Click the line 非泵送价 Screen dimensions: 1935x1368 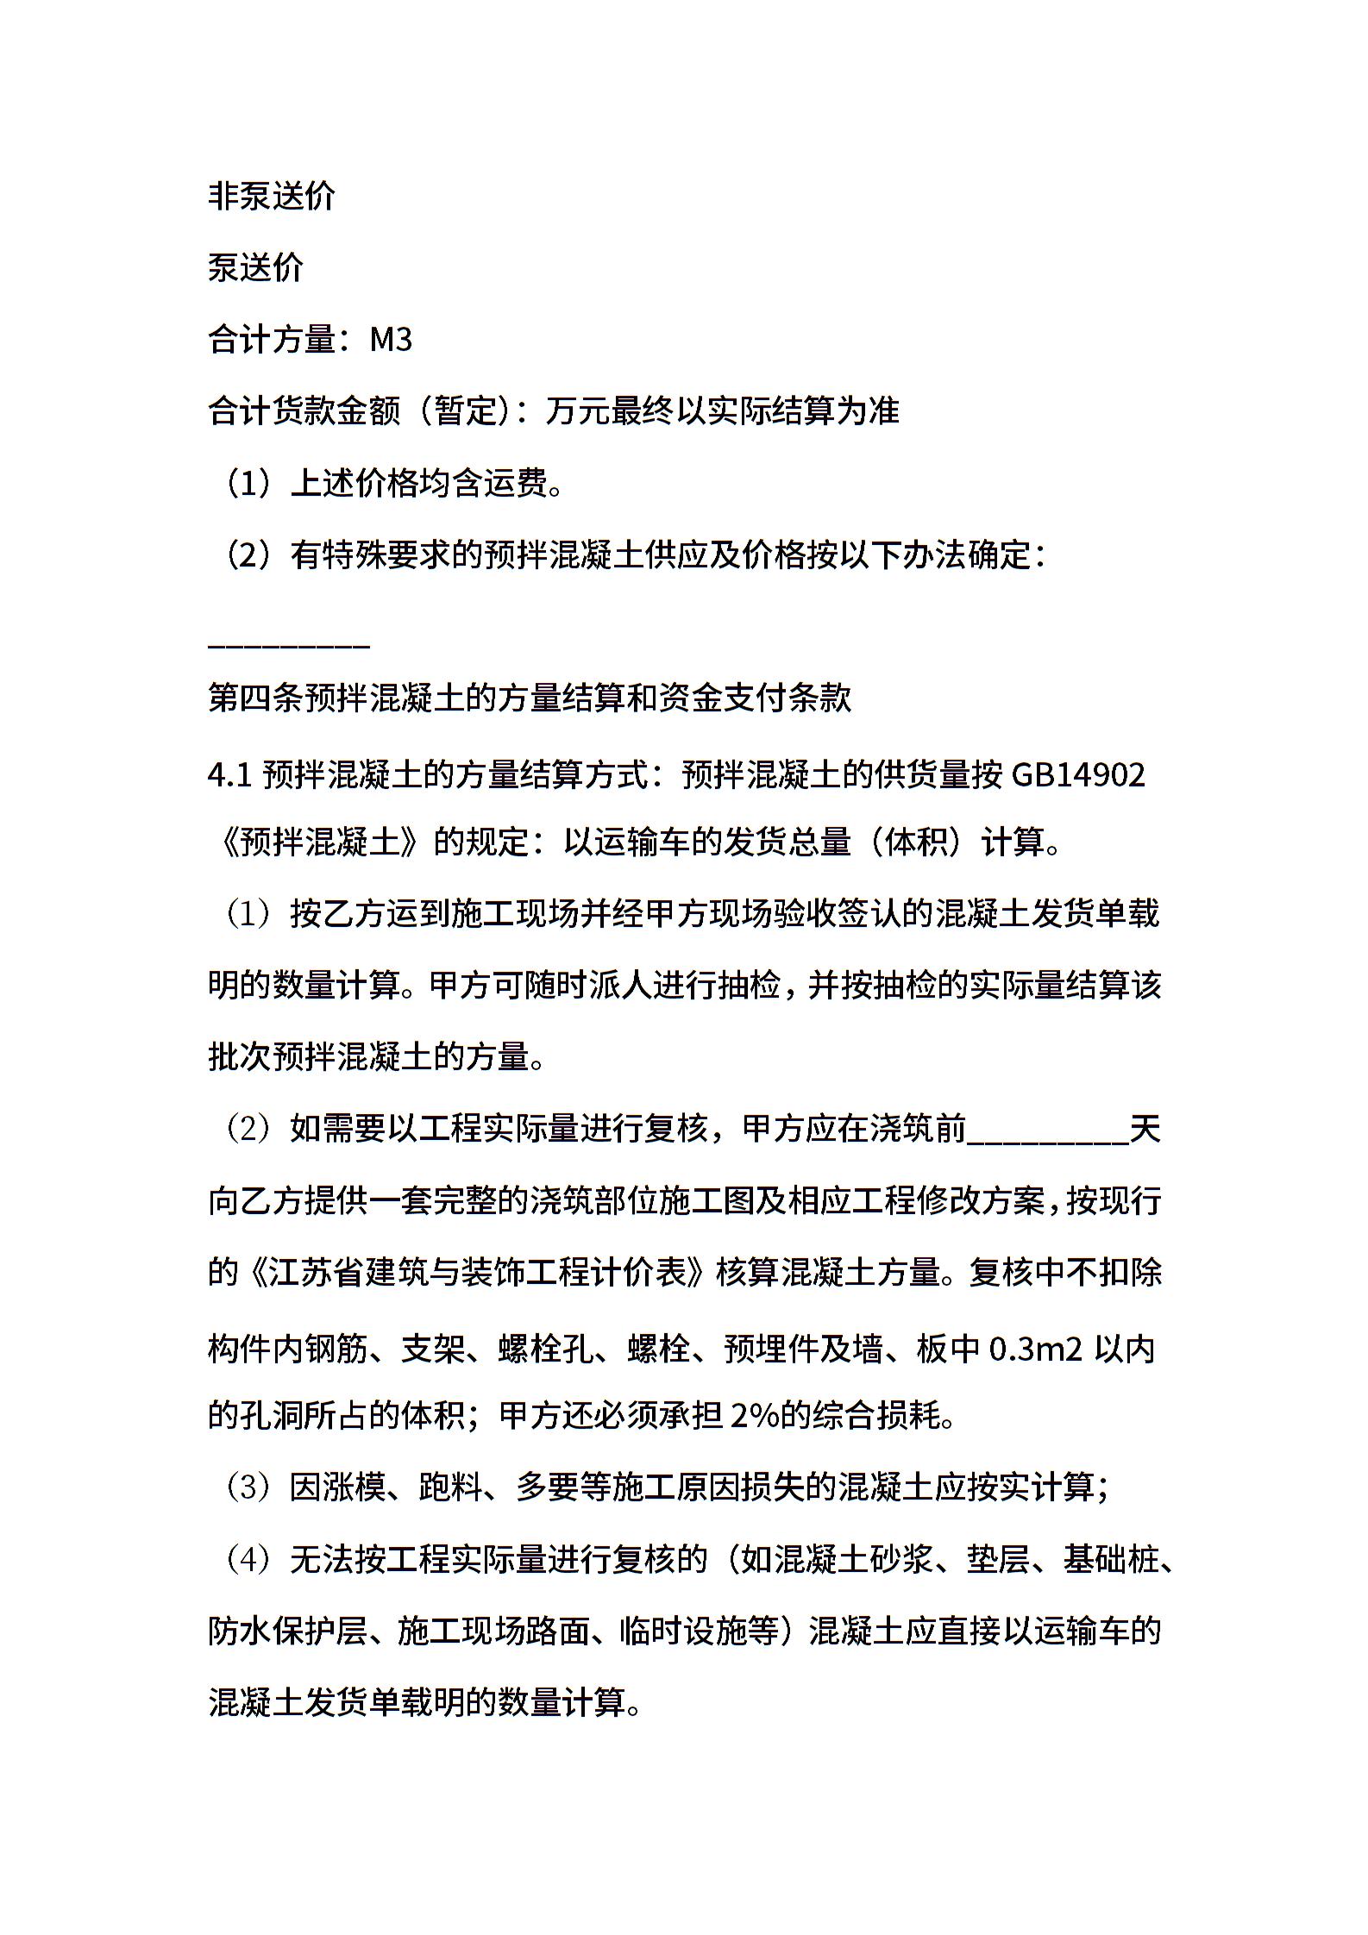271,197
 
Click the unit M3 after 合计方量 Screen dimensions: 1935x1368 391,340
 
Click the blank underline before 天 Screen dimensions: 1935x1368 1047,1130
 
